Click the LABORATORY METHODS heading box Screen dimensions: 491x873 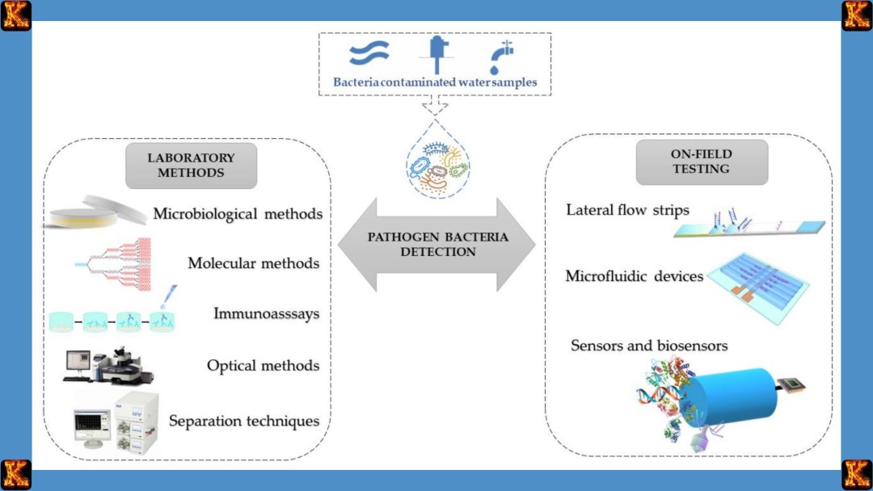191,166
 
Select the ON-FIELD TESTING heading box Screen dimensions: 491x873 701,162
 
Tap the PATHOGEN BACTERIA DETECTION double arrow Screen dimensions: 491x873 437,245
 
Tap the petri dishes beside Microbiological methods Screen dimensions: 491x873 95,212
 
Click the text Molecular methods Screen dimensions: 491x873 253,263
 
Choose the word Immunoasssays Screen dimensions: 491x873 266,313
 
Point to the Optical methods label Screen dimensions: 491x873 263,366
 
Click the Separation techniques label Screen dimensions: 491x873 243,421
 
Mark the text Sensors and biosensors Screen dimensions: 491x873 649,346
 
